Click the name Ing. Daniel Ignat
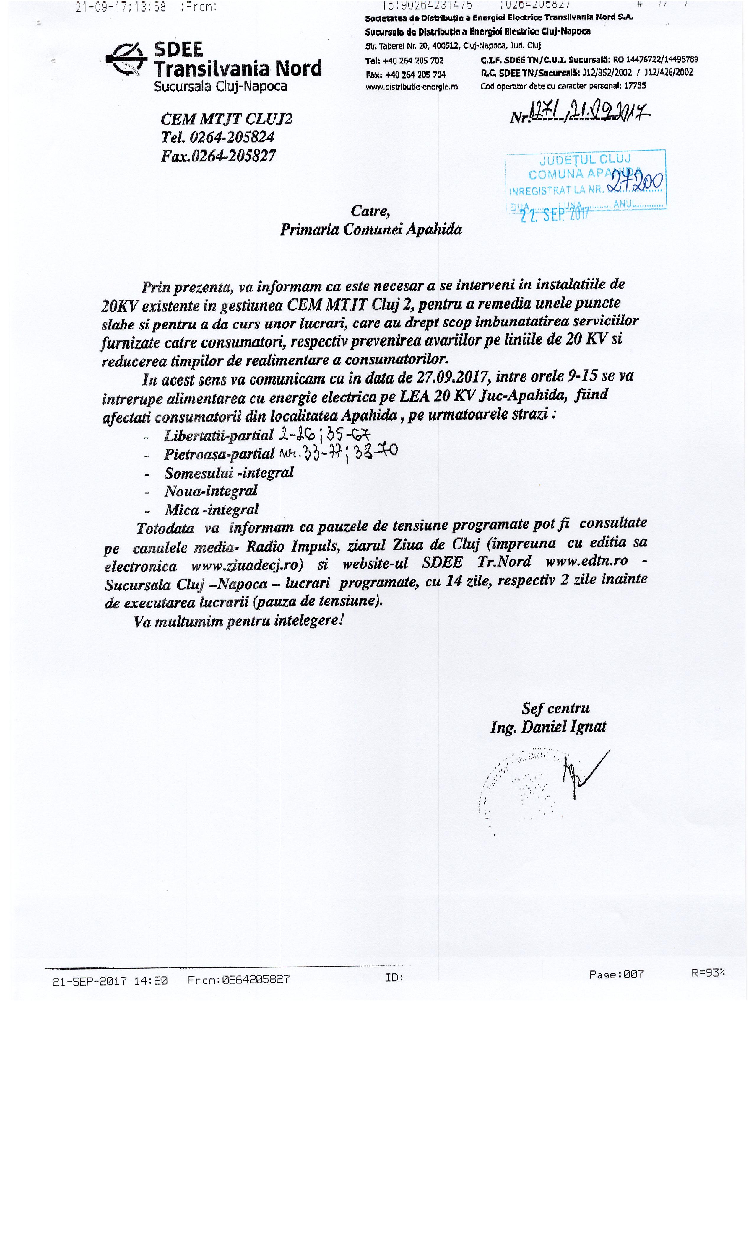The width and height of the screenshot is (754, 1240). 548,727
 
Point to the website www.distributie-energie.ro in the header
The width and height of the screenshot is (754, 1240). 412,87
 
